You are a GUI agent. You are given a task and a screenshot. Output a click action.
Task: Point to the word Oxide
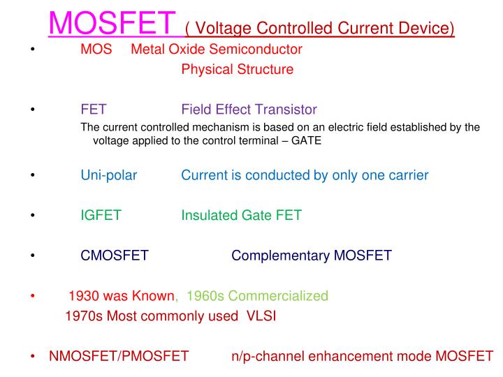(x=185, y=50)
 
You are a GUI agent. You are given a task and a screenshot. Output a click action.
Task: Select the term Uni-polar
(x=109, y=175)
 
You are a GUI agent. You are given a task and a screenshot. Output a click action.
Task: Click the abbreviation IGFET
(x=101, y=216)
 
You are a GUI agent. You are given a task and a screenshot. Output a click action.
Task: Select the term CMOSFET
(x=115, y=256)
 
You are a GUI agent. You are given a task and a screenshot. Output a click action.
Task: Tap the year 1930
(x=84, y=296)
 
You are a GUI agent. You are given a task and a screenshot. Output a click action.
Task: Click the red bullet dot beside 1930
(x=33, y=296)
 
